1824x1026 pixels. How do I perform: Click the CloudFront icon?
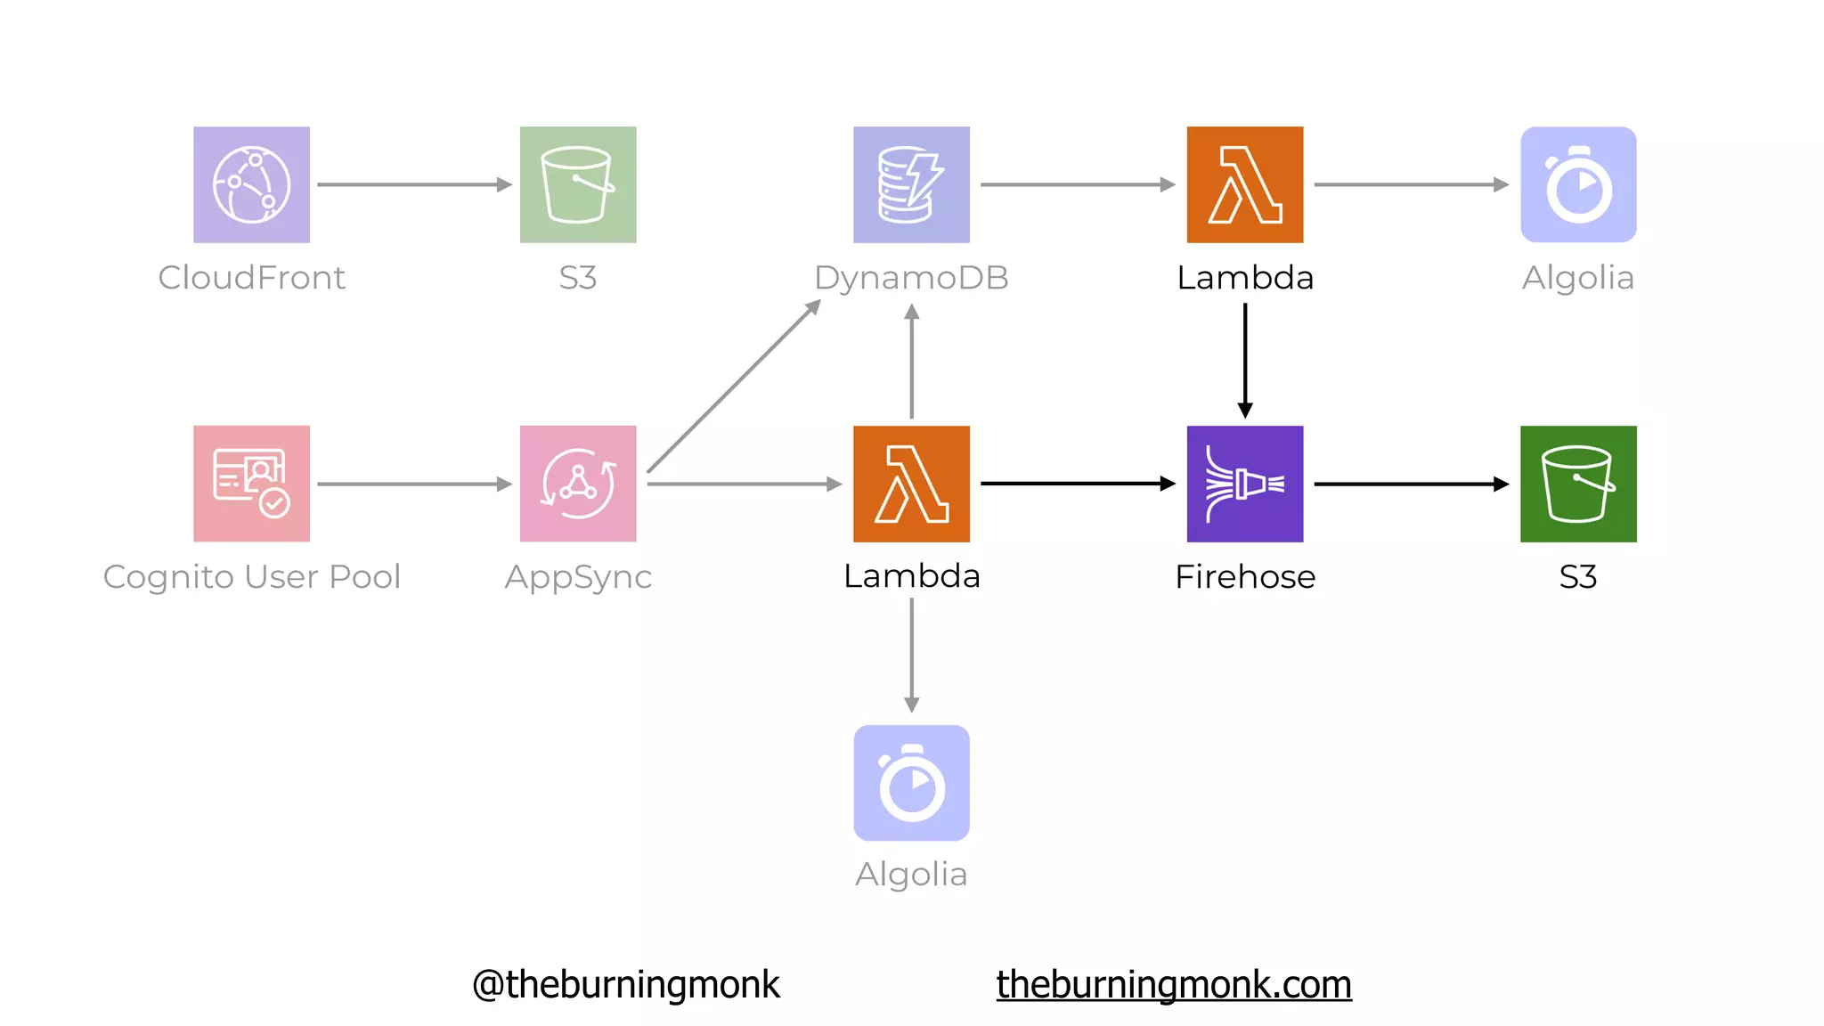[251, 184]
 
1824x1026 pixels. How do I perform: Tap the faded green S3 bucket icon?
[578, 184]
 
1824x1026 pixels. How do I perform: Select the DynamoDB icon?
[911, 184]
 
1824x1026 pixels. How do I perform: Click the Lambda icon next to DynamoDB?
[1244, 184]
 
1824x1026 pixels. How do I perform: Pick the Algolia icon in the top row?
[1578, 184]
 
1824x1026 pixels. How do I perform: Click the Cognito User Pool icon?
[251, 484]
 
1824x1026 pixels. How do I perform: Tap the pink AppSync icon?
[578, 484]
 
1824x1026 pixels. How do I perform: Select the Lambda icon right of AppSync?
[911, 484]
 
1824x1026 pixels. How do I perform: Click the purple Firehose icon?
[1244, 484]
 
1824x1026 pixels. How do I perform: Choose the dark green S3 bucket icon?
[1578, 484]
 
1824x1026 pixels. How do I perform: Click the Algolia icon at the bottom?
[911, 783]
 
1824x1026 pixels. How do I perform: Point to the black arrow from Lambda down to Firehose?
[1245, 361]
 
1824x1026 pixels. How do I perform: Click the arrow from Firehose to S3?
[1411, 484]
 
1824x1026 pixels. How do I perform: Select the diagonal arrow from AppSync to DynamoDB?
[734, 387]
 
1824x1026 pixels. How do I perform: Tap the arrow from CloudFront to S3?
[414, 184]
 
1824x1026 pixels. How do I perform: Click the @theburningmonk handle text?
[625, 984]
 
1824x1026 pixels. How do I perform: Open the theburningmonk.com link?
[1173, 984]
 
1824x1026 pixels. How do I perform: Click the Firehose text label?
[1244, 577]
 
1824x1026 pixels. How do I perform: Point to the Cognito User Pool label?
[251, 577]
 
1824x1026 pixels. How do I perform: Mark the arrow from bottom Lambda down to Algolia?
[911, 655]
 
